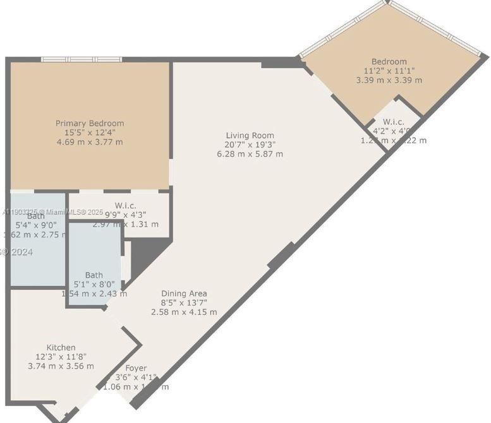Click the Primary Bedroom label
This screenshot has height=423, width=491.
90,123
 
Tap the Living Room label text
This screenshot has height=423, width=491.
250,135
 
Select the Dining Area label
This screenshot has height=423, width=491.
184,293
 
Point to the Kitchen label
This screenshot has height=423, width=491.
61,347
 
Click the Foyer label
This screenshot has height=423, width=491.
136,368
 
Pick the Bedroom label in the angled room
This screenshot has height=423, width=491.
389,62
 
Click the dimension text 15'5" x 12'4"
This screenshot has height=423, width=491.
90,133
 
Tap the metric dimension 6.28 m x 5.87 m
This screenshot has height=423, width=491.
250,153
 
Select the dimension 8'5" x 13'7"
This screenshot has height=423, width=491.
184,302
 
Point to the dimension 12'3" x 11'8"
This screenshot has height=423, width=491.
61,357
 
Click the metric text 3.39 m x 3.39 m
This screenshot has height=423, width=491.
389,80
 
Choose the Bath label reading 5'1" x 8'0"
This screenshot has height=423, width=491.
94,275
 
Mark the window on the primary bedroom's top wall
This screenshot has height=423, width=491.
82,59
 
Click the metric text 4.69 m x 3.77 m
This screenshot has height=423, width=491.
90,142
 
